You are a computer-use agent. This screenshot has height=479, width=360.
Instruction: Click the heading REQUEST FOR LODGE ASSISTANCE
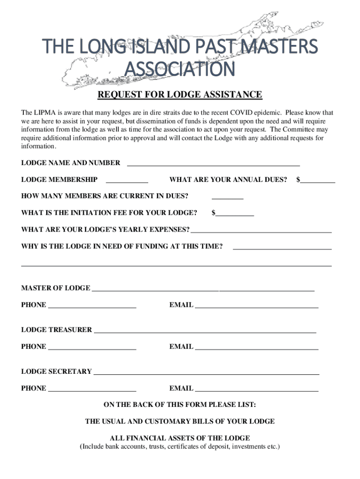click(x=180, y=95)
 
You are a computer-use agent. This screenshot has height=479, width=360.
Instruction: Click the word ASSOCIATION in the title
click(x=180, y=70)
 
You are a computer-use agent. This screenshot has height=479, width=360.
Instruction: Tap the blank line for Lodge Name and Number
click(x=213, y=163)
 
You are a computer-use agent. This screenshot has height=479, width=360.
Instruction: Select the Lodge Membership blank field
click(x=127, y=180)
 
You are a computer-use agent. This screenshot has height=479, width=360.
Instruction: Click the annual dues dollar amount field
click(x=317, y=180)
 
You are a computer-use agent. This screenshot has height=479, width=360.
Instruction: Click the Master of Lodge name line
click(x=203, y=289)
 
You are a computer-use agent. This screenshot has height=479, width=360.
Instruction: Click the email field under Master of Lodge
click(x=256, y=305)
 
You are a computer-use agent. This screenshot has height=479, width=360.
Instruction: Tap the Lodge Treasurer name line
click(x=205, y=330)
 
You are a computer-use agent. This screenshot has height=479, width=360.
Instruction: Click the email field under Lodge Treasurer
click(x=256, y=347)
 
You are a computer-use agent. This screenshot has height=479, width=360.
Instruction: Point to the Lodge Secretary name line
click(x=206, y=372)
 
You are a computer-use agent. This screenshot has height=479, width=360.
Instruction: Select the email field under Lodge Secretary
click(x=256, y=389)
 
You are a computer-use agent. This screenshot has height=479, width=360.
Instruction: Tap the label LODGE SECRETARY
click(x=57, y=371)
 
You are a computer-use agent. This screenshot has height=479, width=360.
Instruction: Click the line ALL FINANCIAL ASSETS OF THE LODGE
click(x=180, y=438)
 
